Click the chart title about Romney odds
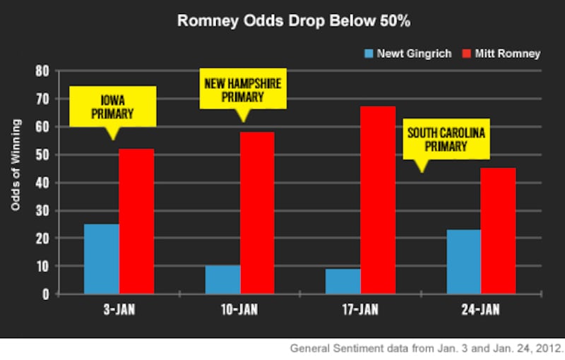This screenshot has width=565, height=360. [x=282, y=22]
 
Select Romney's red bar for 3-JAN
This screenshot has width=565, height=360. [x=136, y=222]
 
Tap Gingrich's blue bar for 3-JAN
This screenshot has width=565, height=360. [x=102, y=259]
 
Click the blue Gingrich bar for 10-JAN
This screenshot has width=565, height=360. [x=222, y=280]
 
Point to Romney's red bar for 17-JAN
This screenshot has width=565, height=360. [x=378, y=200]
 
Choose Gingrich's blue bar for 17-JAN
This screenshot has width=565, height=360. [x=343, y=281]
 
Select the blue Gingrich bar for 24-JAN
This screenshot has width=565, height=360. [x=464, y=262]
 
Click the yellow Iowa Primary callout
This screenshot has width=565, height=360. [x=112, y=106]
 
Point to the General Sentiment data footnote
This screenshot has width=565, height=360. [x=427, y=349]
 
